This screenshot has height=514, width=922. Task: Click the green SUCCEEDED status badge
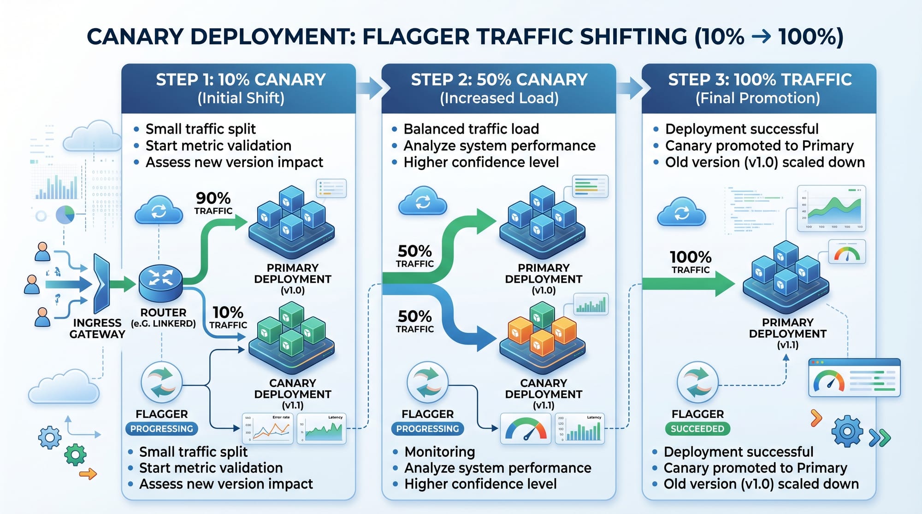tap(697, 429)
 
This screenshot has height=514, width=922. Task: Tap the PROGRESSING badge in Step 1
tap(161, 429)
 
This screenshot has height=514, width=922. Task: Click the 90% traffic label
tap(213, 203)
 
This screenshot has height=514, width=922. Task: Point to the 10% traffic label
tap(228, 317)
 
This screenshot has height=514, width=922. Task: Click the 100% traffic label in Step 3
tap(690, 262)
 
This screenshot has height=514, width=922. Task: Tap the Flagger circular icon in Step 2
tap(427, 382)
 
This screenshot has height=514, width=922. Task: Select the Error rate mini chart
tap(268, 429)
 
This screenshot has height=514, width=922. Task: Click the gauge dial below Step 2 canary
tap(526, 429)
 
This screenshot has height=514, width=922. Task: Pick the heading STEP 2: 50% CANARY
tap(499, 80)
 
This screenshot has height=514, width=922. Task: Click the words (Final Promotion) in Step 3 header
tap(757, 98)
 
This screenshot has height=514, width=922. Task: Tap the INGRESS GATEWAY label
tap(97, 328)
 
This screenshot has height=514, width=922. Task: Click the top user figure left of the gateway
tap(42, 252)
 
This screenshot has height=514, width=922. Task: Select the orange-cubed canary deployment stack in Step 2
tap(542, 339)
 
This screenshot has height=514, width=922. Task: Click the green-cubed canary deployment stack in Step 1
tap(291, 339)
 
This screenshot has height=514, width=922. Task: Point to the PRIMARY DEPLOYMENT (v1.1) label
tap(787, 333)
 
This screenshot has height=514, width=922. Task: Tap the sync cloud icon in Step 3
tap(681, 212)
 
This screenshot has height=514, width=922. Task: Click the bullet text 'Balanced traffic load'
tap(471, 129)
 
